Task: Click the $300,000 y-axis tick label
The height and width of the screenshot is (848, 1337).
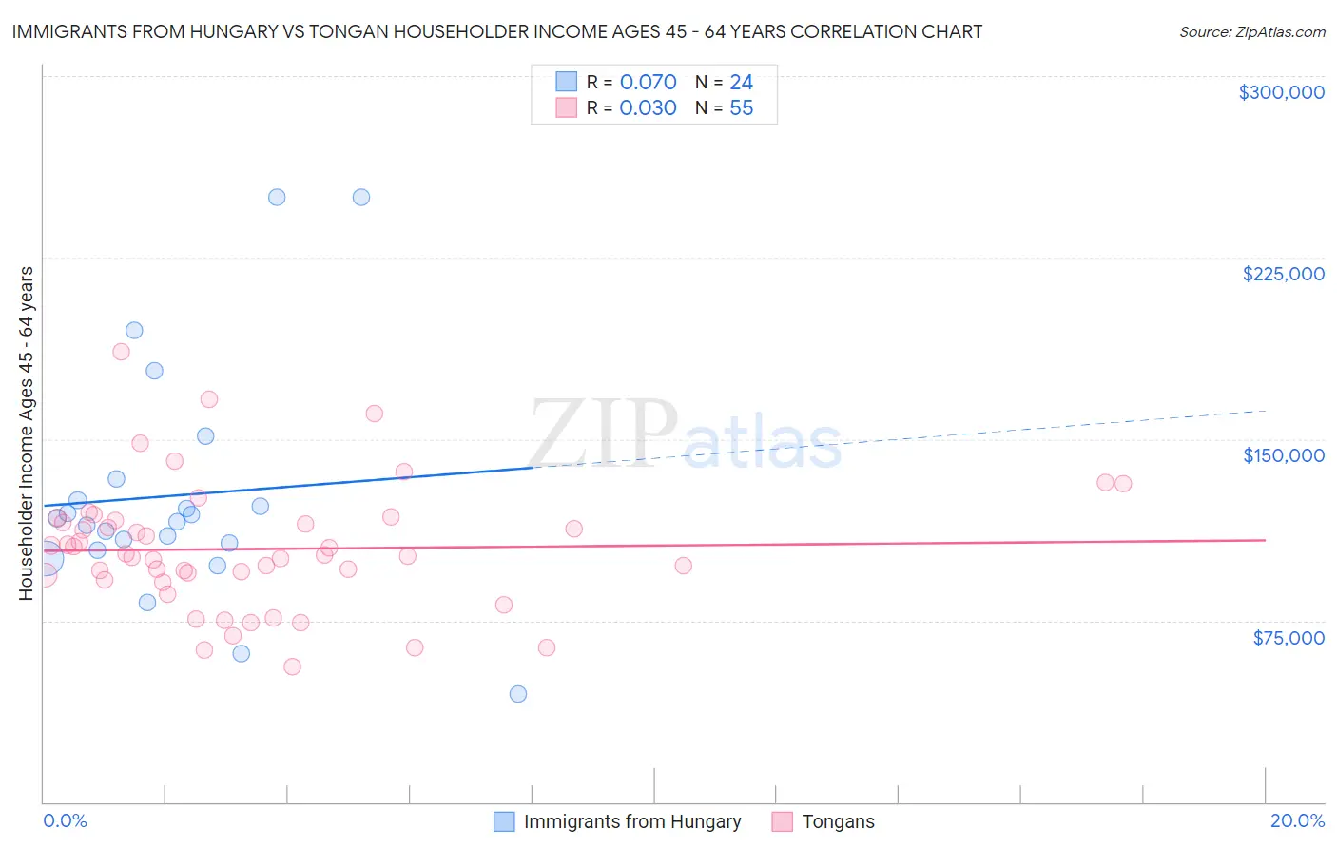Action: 1281,92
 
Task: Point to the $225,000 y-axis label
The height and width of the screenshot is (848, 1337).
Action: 1283,274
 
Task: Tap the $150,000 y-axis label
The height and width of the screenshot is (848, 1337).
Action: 1283,455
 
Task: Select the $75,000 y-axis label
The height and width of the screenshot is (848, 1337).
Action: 1288,638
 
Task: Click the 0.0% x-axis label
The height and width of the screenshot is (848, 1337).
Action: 65,820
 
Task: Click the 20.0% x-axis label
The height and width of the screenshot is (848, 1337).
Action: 1297,820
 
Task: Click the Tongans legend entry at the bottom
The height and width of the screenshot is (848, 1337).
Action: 837,821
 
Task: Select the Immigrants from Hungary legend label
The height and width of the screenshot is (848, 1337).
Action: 631,821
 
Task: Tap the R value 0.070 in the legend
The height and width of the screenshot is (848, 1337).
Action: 648,83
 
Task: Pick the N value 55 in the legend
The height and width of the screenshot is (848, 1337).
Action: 741,108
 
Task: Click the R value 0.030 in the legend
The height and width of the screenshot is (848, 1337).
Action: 648,108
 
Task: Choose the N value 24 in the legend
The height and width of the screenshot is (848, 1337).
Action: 741,83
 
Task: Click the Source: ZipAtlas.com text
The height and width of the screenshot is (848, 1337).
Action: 1251,32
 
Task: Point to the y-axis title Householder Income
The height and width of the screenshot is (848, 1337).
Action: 27,433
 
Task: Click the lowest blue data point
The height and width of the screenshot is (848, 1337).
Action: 518,694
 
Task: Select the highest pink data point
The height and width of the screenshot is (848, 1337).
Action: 121,352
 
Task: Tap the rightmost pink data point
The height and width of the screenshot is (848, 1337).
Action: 1123,484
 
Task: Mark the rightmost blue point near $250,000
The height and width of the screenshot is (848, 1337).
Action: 361,198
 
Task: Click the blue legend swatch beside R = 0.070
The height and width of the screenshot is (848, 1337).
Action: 567,82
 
